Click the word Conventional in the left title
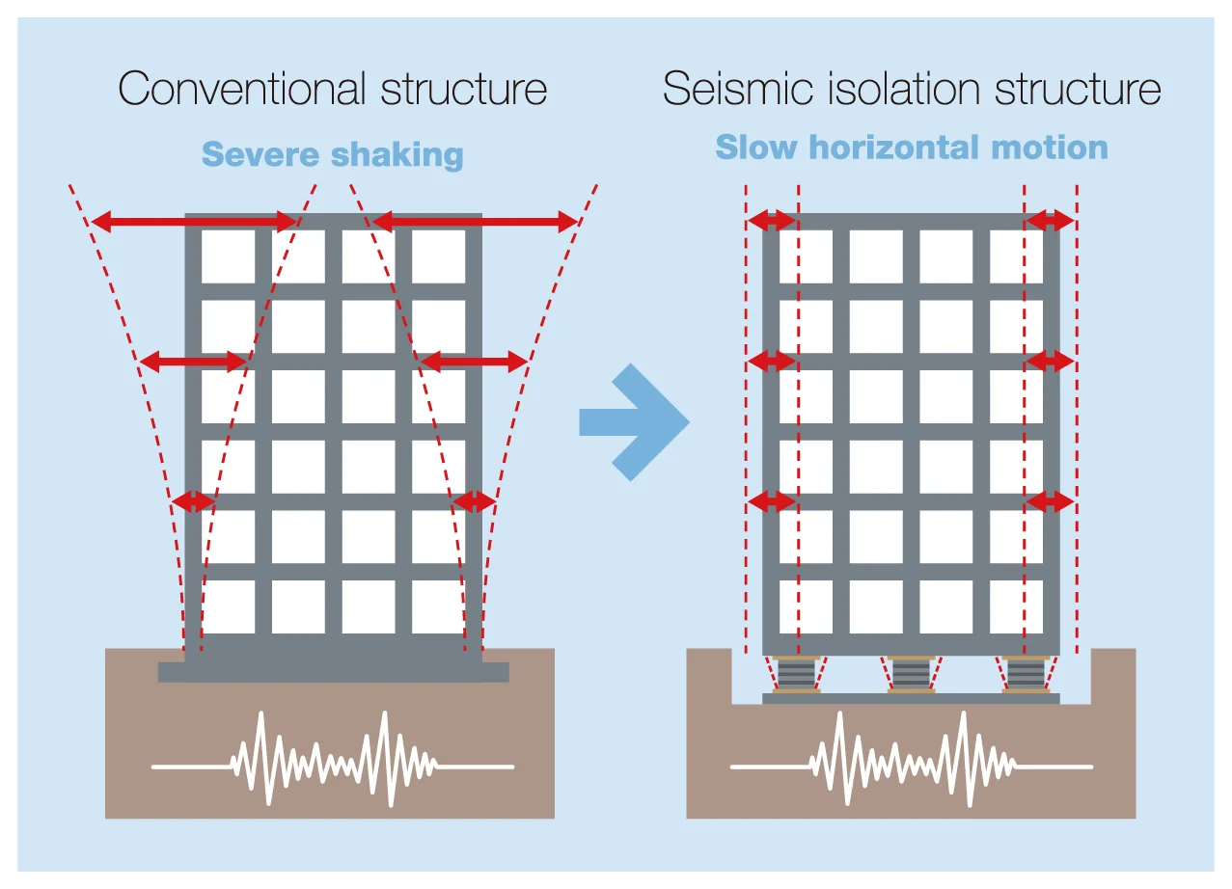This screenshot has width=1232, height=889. [x=242, y=88]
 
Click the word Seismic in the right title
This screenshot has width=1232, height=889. [x=737, y=88]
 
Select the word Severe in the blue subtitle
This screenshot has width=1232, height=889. [x=260, y=154]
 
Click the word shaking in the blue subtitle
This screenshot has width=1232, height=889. [x=397, y=155]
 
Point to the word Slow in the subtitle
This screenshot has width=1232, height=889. [x=755, y=148]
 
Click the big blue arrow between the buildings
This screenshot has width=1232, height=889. [x=634, y=421]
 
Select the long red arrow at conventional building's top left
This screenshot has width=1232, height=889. [x=194, y=222]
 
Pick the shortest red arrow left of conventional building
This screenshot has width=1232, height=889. [x=193, y=501]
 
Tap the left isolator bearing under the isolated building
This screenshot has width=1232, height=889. [x=796, y=674]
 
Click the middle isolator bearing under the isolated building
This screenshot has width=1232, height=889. [x=911, y=674]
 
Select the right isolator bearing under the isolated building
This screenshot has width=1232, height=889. [x=1026, y=674]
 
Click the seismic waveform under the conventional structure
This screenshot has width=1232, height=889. [x=333, y=760]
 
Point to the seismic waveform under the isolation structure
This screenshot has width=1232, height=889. [x=912, y=760]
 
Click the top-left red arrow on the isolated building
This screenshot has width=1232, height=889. [x=772, y=221]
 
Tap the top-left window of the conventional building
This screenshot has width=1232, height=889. [x=229, y=256]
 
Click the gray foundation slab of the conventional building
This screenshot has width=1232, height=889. [x=333, y=672]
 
